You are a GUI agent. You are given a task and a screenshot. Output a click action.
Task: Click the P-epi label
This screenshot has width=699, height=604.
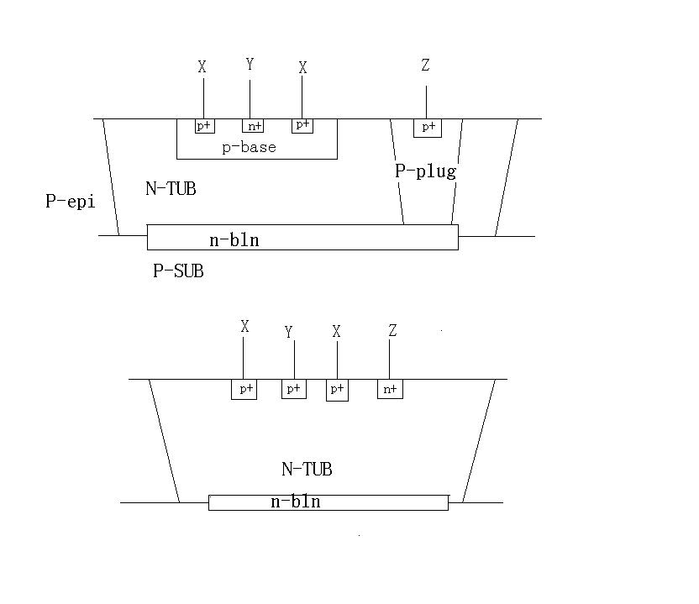[x=71, y=202]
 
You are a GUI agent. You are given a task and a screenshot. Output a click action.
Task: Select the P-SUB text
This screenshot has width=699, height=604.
[x=178, y=271]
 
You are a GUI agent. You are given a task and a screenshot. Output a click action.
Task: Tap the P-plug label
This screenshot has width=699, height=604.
[x=425, y=172]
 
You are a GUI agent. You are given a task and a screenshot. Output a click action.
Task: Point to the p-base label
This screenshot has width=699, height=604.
[x=249, y=148]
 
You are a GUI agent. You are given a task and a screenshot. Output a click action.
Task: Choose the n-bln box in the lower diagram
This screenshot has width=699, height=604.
[x=328, y=502]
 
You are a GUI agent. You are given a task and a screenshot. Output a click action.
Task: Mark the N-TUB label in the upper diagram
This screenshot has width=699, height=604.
[x=171, y=189]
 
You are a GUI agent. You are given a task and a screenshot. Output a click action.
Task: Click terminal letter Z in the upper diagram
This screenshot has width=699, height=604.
[x=426, y=66]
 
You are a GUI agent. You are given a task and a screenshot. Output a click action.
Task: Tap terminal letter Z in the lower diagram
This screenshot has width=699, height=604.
[x=392, y=331]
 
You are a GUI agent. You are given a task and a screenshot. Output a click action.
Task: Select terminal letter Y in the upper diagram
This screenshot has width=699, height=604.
[x=250, y=65]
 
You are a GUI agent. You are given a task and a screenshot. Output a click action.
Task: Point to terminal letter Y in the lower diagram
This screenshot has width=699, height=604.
[x=289, y=333]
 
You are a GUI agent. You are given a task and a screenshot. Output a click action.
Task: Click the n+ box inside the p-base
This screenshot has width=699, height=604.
[x=253, y=126]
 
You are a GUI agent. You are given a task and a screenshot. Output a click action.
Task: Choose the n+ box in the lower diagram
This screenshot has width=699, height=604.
[x=390, y=389]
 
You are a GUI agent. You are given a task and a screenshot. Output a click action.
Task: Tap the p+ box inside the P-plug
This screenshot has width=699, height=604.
[x=428, y=128]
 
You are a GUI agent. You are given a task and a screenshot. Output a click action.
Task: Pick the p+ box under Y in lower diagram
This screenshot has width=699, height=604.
[x=294, y=389]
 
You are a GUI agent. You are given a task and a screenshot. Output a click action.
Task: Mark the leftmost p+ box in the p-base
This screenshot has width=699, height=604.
[x=204, y=126]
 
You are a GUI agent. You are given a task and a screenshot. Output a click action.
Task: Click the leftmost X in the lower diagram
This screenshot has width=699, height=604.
[x=244, y=328]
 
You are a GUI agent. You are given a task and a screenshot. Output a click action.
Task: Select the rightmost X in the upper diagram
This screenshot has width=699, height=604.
[x=302, y=68]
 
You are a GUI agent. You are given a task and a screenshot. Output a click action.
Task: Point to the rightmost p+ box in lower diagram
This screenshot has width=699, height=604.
[x=337, y=390]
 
